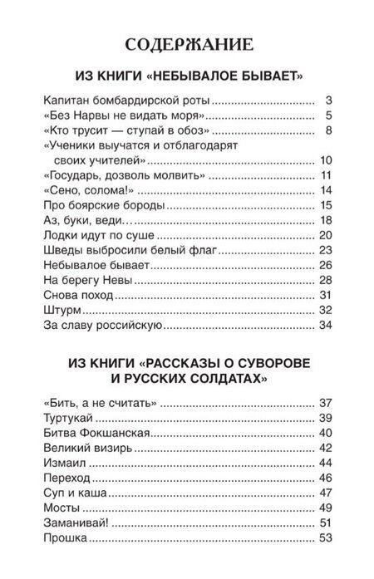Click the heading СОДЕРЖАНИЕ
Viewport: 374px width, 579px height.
click(x=187, y=43)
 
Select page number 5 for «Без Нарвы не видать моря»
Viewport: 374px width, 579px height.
click(x=330, y=115)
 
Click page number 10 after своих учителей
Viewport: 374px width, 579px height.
click(x=326, y=159)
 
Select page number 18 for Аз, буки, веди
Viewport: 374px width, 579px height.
click(x=326, y=220)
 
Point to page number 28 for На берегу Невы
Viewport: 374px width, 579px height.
click(x=326, y=280)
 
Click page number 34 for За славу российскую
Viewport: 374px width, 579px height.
click(x=326, y=325)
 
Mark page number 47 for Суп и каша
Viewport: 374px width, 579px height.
click(x=326, y=493)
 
